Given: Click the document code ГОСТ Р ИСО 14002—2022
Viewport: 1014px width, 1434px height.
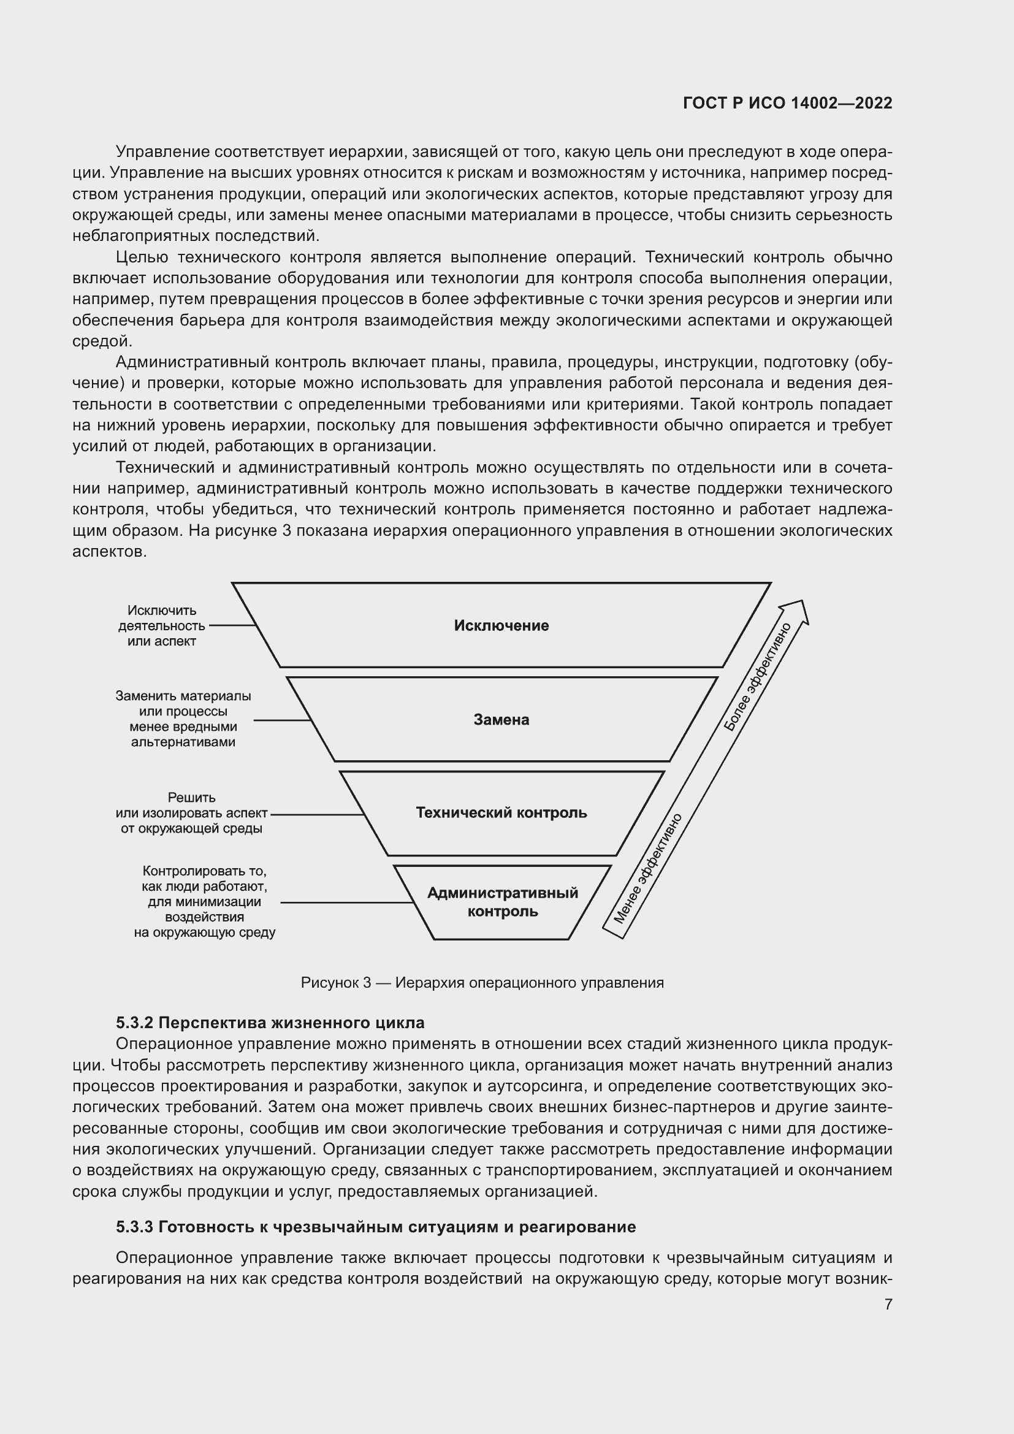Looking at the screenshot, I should tap(787, 103).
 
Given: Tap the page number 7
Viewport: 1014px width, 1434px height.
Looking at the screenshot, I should tap(888, 1304).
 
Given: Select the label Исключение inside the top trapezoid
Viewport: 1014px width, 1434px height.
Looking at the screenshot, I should tap(501, 626).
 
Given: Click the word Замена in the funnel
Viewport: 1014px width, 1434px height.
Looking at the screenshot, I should tap(501, 720).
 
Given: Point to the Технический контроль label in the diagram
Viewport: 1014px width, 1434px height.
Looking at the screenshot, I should tap(501, 812).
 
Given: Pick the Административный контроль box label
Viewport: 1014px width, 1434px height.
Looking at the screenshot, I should tap(503, 902).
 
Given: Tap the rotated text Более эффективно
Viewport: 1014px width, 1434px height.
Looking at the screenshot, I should tap(757, 676).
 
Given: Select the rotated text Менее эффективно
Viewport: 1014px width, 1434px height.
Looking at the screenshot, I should tap(647, 868).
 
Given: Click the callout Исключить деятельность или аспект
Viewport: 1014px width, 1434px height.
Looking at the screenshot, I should tap(162, 626).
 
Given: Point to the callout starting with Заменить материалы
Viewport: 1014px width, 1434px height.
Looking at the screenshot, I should tap(183, 719).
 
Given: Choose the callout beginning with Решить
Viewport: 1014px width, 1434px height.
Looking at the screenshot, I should tap(192, 813).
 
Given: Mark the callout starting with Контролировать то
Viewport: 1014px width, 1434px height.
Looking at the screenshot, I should tap(204, 901).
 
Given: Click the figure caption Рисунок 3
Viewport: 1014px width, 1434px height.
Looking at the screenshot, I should tap(482, 982).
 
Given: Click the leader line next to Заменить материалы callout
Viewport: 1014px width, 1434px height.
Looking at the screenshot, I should tap(282, 720).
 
